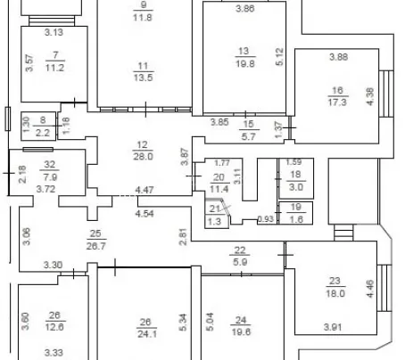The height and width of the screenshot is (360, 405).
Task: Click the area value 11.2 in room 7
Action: [x=54, y=68]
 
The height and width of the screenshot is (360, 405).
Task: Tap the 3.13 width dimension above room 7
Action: [x=54, y=32]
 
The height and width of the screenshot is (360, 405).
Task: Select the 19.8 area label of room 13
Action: [x=245, y=63]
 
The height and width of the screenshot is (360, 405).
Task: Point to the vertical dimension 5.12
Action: [x=279, y=56]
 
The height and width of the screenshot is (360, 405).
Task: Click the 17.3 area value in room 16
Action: [x=337, y=102]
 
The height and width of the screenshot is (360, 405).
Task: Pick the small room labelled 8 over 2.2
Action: [x=38, y=126]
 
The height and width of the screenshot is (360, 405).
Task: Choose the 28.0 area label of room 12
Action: [x=143, y=156]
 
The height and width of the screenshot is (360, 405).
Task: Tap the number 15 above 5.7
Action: [x=248, y=124]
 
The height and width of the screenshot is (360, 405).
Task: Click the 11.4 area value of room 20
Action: [x=219, y=189]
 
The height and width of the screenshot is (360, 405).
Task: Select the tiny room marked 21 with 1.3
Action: [x=217, y=214]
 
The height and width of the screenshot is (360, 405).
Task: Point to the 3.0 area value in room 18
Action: [x=296, y=187]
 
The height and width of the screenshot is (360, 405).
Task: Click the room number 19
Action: [x=296, y=207]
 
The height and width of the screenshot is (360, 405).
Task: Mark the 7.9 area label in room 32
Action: [x=50, y=177]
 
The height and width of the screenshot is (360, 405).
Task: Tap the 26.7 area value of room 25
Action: [x=96, y=246]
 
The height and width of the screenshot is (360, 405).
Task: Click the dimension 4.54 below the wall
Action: [x=145, y=213]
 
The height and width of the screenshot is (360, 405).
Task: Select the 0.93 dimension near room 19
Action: [x=266, y=219]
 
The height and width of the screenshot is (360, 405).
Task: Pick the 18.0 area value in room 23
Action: [x=335, y=293]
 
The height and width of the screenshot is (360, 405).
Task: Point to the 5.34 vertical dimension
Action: [x=183, y=322]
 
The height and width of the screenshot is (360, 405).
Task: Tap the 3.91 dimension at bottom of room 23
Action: [x=333, y=327]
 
